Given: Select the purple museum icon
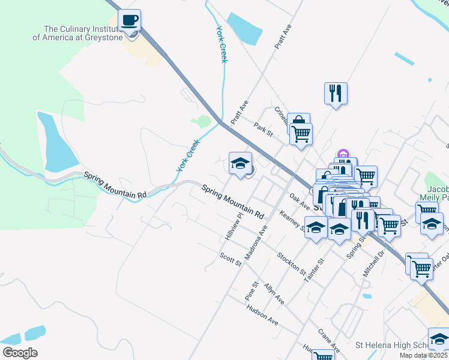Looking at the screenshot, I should (343, 155).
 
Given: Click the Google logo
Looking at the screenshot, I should (20, 353).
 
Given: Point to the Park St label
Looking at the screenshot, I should (263, 130).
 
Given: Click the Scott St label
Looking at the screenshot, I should (230, 259).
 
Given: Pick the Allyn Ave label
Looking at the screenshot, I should (273, 293).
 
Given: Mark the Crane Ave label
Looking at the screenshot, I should (329, 340).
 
